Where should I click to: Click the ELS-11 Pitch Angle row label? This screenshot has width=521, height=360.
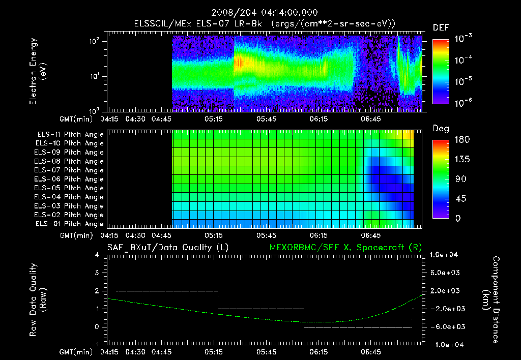click(x=70, y=135)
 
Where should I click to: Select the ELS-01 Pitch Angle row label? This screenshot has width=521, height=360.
click(x=70, y=224)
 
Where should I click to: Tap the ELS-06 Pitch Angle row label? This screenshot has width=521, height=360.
click(x=70, y=179)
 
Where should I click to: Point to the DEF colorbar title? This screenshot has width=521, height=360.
click(x=441, y=27)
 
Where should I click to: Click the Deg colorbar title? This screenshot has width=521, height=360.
click(x=441, y=129)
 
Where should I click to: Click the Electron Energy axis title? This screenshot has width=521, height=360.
click(x=38, y=72)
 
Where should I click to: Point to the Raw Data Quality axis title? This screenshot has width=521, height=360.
click(x=38, y=299)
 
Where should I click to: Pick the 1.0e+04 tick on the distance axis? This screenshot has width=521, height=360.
click(x=445, y=255)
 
